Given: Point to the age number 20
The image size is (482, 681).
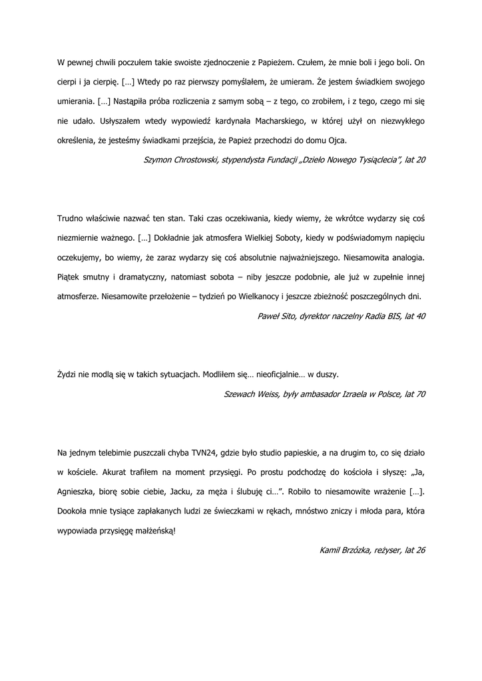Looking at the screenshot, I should pyautogui.click(x=419, y=160).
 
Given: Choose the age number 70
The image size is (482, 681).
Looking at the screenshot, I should pyautogui.click(x=419, y=394).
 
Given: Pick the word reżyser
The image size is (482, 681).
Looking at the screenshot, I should pyautogui.click(x=389, y=551).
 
